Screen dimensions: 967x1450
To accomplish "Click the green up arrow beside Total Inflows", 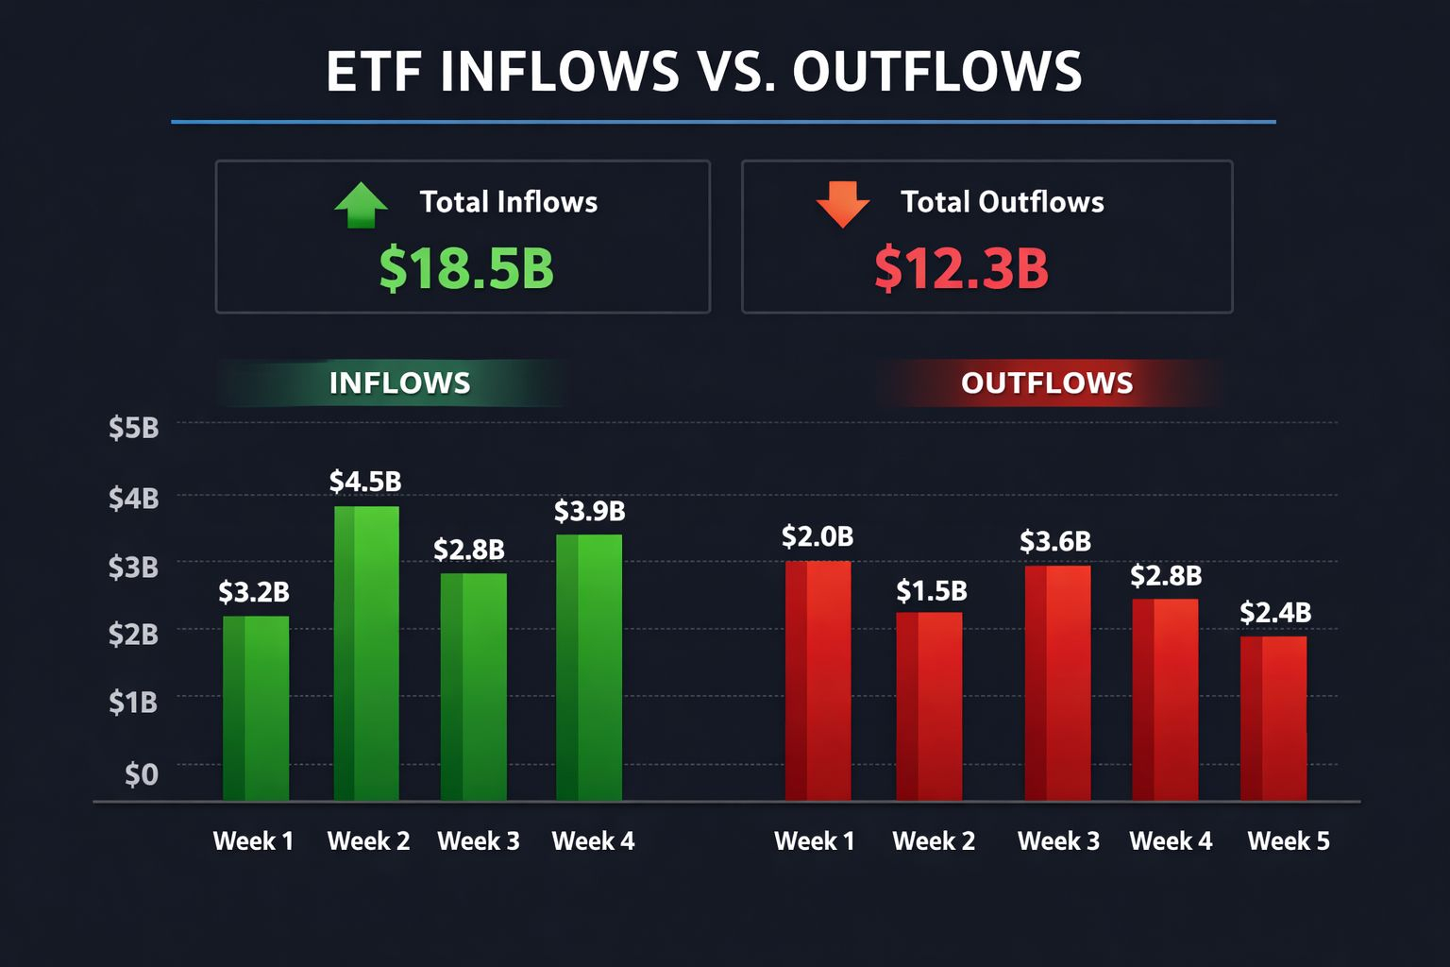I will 361,205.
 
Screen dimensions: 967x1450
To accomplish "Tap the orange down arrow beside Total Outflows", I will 842,203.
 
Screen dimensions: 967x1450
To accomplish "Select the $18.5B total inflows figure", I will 466,268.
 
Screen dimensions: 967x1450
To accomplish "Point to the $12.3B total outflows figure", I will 961,268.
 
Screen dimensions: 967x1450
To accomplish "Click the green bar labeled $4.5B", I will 366,653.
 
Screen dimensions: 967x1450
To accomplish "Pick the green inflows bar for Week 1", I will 256,708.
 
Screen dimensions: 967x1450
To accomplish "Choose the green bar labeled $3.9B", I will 589,668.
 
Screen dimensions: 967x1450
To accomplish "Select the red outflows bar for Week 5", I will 1273,719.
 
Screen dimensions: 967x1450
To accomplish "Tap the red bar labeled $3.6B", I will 1057,683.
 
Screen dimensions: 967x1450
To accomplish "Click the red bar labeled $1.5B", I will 929,706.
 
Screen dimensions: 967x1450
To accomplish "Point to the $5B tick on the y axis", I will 133,429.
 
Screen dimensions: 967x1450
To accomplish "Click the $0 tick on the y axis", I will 142,774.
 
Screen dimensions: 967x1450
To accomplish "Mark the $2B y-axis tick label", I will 133,635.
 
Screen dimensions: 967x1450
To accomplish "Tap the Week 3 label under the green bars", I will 479,841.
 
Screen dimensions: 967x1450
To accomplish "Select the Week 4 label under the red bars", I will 1171,841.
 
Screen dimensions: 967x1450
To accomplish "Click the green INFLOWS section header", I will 399,383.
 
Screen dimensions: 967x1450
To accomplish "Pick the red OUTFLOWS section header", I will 1047,383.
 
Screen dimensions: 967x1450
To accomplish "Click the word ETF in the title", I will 373,73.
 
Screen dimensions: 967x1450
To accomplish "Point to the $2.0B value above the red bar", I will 818,537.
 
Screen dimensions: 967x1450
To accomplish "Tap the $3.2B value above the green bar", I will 254,593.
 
